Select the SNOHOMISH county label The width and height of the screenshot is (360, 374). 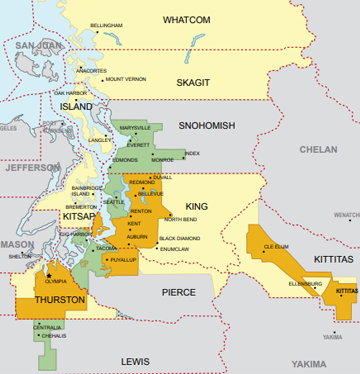tap(206, 126)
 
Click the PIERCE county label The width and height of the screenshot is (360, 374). tap(178, 293)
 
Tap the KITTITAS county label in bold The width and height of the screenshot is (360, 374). tap(331, 258)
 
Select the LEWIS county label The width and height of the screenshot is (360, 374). tap(134, 359)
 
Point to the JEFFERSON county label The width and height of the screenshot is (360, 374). tap(32, 170)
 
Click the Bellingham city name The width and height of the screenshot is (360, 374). tap(107, 23)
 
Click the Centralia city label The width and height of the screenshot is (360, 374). tap(48, 327)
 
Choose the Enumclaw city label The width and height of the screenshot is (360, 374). tap(174, 248)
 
